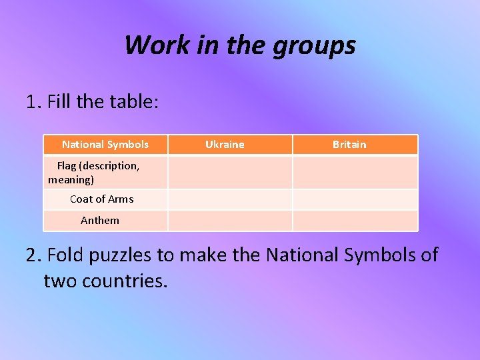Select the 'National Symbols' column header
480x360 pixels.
click(x=105, y=145)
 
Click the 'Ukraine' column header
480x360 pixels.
click(x=225, y=145)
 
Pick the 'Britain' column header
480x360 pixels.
click(x=349, y=145)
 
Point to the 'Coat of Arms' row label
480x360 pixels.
click(x=101, y=199)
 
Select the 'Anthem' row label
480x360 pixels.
click(x=100, y=221)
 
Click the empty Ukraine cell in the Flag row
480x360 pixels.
click(x=230, y=173)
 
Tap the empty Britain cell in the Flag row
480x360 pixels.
click(x=355, y=173)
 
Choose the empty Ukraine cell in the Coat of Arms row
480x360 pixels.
click(x=230, y=199)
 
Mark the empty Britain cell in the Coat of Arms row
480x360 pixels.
click(x=355, y=199)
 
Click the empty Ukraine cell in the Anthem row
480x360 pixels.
click(x=230, y=221)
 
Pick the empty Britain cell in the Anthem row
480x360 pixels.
click(x=355, y=221)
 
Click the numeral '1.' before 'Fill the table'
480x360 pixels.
click(x=34, y=103)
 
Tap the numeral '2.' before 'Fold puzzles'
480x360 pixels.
click(x=34, y=255)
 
